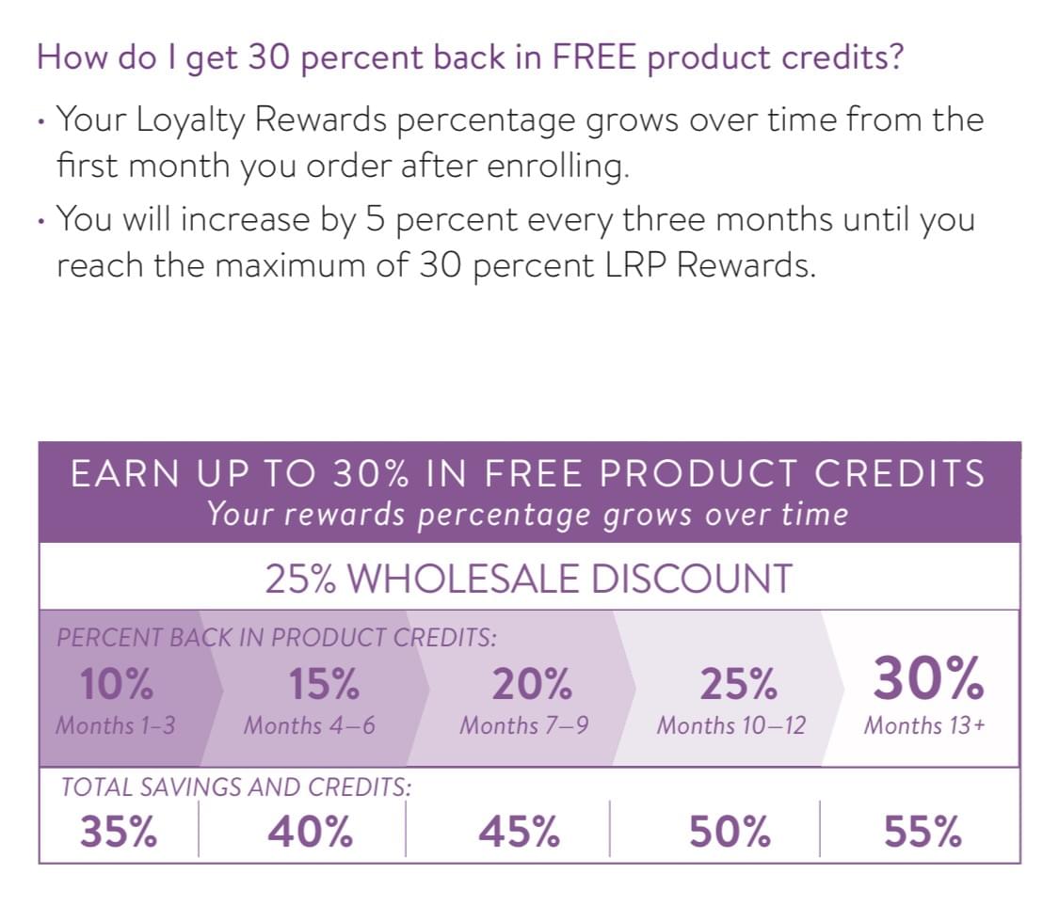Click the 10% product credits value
pyautogui.click(x=116, y=684)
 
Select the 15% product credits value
pyautogui.click(x=324, y=684)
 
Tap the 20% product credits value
pyautogui.click(x=532, y=684)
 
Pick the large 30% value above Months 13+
pyautogui.click(x=928, y=677)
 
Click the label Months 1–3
pyautogui.click(x=116, y=725)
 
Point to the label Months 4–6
pyautogui.click(x=310, y=725)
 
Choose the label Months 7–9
pyautogui.click(x=524, y=725)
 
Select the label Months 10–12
pyautogui.click(x=731, y=725)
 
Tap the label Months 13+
pyautogui.click(x=924, y=725)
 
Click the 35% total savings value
pyautogui.click(x=119, y=831)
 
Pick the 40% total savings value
pyautogui.click(x=310, y=831)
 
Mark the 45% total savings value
pyautogui.click(x=519, y=831)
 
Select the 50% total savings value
pyautogui.click(x=730, y=831)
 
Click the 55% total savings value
pyautogui.click(x=923, y=831)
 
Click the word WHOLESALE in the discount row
pyautogui.click(x=462, y=579)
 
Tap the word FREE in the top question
pyautogui.click(x=594, y=56)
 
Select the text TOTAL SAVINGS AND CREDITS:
pyautogui.click(x=236, y=787)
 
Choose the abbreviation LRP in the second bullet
pyautogui.click(x=634, y=265)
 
